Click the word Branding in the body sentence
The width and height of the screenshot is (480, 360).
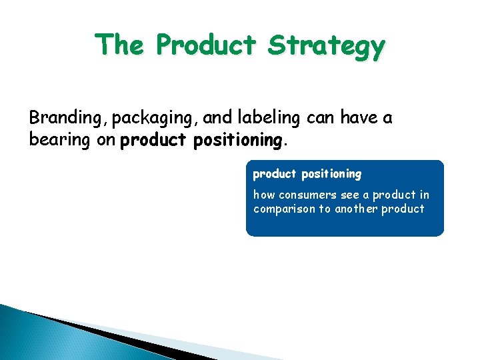[x=69, y=119]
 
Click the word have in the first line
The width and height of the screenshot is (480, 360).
[x=358, y=119]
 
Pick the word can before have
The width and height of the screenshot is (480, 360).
[x=321, y=119]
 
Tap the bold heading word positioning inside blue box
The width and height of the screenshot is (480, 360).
[x=331, y=174]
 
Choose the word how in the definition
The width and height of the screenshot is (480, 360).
[x=264, y=195]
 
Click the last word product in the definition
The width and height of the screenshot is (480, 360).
[x=404, y=209]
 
